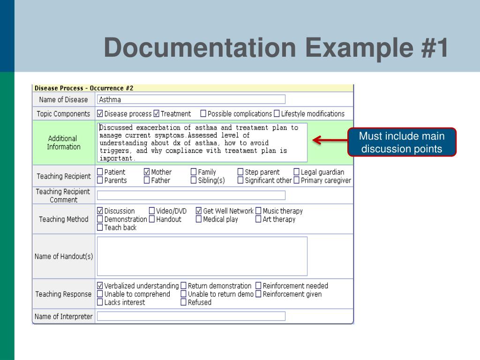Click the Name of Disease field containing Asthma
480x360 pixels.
(191, 99)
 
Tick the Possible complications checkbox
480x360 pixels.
(203, 113)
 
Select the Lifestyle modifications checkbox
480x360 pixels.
(277, 113)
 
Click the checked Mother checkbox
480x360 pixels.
(147, 172)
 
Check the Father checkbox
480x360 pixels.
(147, 180)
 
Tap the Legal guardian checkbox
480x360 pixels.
(297, 172)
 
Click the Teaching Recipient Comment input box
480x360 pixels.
(191, 195)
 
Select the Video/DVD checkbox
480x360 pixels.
(152, 211)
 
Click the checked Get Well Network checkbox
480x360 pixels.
(199, 211)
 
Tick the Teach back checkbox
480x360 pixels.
(100, 228)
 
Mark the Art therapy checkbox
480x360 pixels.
(258, 219)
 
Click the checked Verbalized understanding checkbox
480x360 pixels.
(100, 286)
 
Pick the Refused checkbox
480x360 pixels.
(184, 303)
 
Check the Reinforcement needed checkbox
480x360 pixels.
(258, 286)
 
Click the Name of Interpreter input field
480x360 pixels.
(191, 316)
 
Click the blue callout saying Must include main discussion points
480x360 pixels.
(402, 142)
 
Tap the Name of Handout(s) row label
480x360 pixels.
(64, 256)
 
